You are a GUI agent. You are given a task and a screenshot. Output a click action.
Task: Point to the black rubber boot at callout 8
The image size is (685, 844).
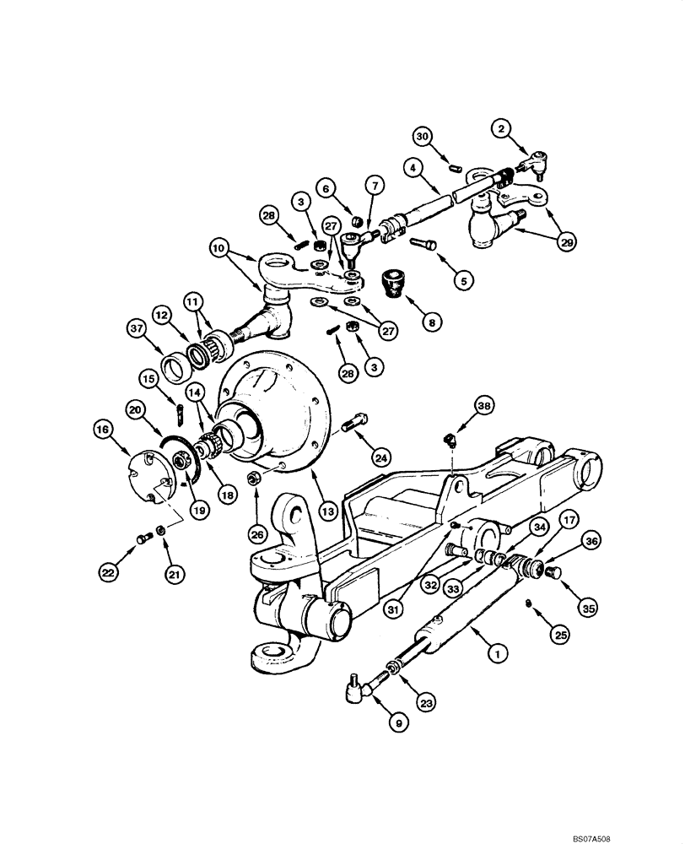(x=391, y=283)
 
